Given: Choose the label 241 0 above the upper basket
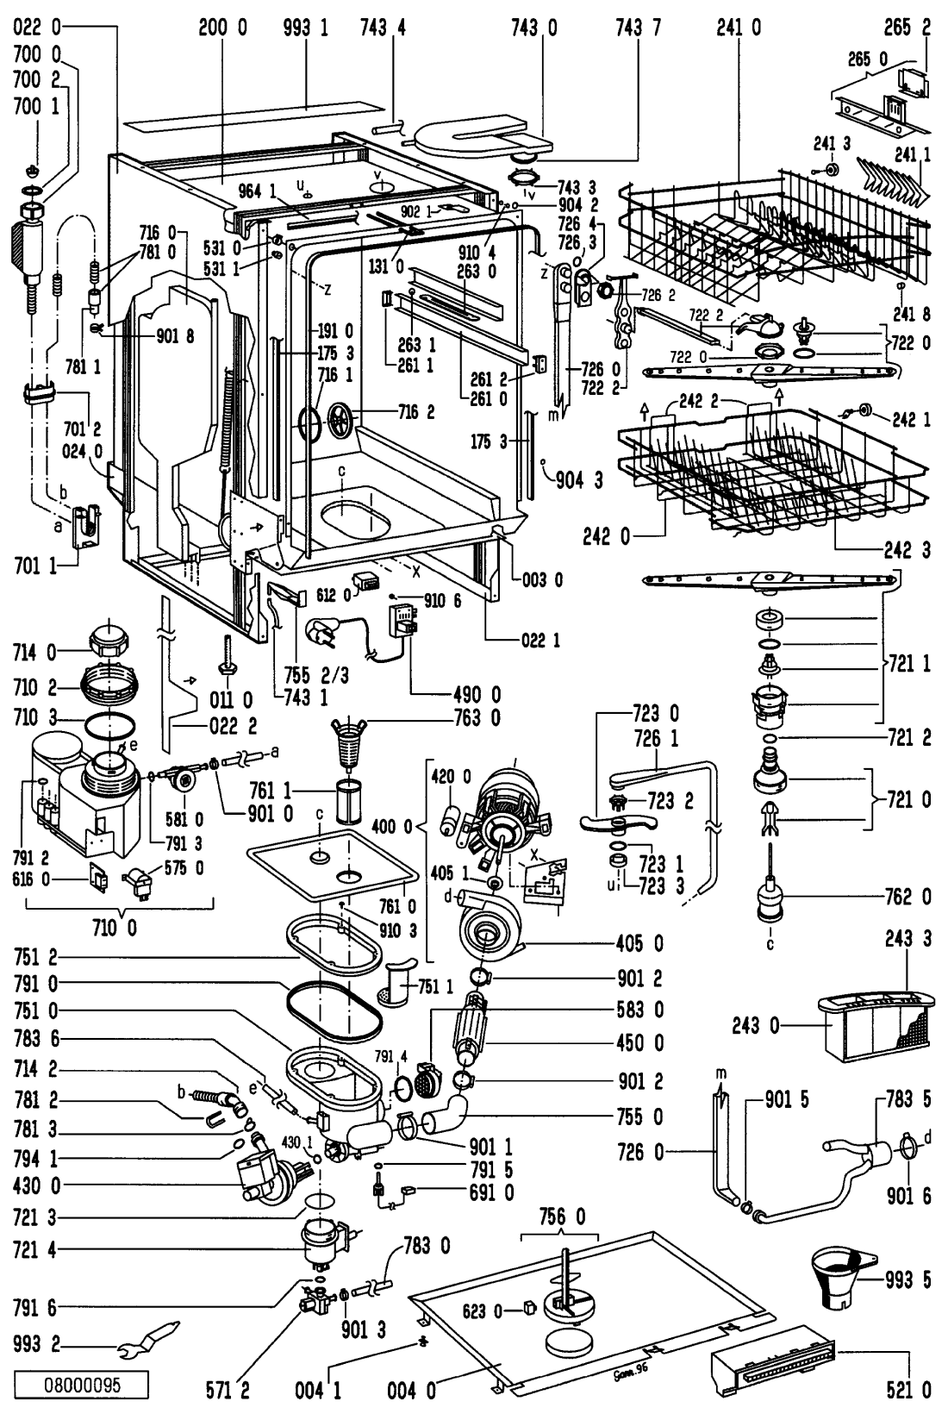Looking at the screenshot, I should click(739, 28).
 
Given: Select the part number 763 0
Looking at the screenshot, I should click(477, 716).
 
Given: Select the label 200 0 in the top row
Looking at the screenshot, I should click(222, 28).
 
